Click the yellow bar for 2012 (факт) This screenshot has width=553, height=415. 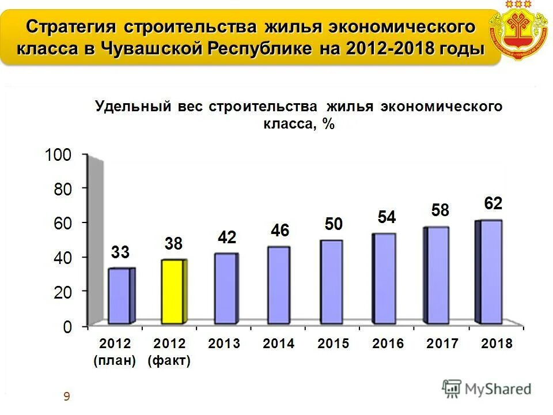[x=174, y=291]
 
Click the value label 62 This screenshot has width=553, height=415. [x=493, y=203]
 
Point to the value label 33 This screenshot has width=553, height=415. [x=120, y=252]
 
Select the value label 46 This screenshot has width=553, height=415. [x=280, y=231]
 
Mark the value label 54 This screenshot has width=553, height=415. [x=387, y=217]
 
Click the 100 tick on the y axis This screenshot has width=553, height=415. [x=58, y=154]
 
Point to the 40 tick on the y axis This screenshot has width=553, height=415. [x=62, y=258]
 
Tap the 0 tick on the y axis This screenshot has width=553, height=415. [x=67, y=327]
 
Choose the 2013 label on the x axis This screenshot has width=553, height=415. [x=224, y=344]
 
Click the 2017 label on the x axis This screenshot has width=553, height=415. [x=442, y=344]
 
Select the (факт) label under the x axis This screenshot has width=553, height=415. [x=169, y=361]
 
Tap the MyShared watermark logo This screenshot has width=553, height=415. [x=486, y=389]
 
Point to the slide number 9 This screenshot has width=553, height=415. [x=67, y=396]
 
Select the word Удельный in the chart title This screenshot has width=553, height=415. [x=134, y=107]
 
